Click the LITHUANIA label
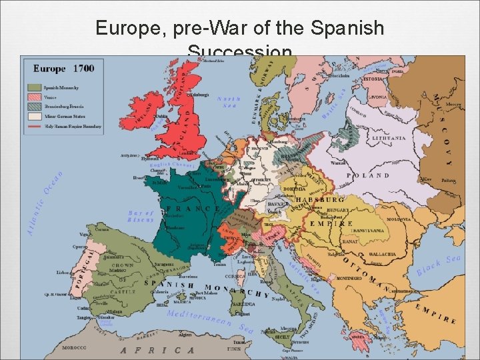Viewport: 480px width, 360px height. [388, 138]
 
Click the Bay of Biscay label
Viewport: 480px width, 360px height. [141, 217]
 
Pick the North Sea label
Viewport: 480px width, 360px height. [229, 101]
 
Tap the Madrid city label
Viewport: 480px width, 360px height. [117, 270]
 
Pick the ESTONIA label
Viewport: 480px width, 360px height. [373, 79]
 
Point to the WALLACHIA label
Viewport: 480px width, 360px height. [383, 254]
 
